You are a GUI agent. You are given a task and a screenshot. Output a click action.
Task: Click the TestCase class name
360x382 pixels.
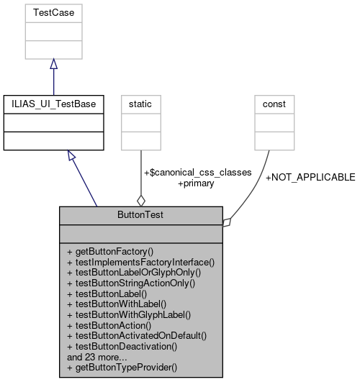coord(54,12)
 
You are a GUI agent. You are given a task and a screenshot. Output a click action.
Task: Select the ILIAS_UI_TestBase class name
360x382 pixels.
coord(54,104)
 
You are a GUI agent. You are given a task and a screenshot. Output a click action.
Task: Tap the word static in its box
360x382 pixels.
coord(140,104)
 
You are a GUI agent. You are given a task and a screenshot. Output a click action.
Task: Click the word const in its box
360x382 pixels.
coord(274,104)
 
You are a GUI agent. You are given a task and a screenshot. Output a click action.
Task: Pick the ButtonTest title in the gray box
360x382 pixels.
coord(141,214)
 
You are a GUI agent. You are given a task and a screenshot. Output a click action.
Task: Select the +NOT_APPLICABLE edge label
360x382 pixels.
coord(310,177)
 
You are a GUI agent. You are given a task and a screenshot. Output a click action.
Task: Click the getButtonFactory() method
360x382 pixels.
coord(110,252)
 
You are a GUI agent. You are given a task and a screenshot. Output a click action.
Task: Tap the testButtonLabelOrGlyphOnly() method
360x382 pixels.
coord(133,273)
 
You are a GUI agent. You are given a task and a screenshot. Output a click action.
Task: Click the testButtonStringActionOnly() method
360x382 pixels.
coord(133,283)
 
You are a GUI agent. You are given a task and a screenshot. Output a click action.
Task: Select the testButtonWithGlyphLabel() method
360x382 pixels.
coord(128,314)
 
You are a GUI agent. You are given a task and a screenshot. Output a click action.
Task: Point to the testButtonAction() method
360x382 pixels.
coord(112,324)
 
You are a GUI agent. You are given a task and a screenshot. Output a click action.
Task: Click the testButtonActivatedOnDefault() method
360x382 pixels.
coord(136,335)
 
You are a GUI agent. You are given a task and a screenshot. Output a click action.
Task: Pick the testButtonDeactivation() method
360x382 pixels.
coord(124,345)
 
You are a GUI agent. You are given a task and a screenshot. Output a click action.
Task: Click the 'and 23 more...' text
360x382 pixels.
coord(98,356)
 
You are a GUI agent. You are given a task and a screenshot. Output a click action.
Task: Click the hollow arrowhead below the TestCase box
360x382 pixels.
coord(54,65)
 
